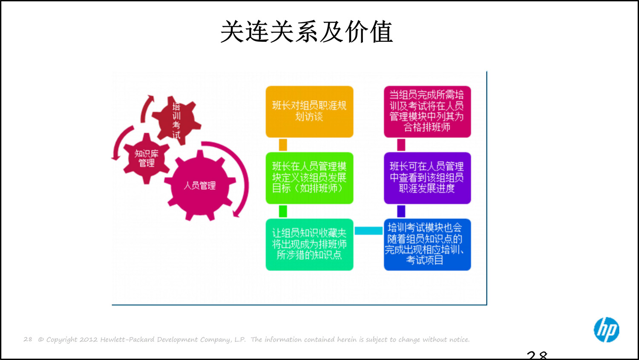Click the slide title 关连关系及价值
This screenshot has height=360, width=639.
[306, 32]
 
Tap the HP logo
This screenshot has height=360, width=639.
[606, 329]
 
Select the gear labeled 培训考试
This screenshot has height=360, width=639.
[176, 120]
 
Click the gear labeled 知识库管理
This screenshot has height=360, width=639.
[146, 158]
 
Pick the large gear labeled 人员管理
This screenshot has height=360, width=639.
[199, 185]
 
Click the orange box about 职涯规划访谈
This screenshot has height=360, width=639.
[309, 112]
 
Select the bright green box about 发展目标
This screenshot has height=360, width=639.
[309, 178]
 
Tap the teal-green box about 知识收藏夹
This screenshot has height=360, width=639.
[309, 244]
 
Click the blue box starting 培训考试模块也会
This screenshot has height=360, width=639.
[427, 244]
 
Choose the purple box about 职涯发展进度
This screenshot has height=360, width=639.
[427, 178]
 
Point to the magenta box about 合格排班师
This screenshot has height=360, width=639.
[427, 112]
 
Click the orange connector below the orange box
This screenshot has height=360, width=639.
[283, 145]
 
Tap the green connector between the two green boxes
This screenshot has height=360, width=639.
[283, 211]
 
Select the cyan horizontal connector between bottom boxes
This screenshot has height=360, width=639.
[368, 231]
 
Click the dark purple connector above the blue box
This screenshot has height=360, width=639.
[401, 211]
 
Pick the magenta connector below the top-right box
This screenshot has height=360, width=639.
[401, 145]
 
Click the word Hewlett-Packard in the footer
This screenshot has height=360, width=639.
[127, 340]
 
